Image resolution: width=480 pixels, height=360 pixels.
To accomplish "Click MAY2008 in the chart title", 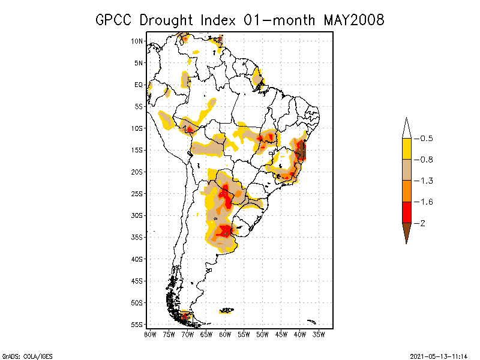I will click(x=353, y=20).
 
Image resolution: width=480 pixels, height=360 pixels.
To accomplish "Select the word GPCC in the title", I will click(x=116, y=20).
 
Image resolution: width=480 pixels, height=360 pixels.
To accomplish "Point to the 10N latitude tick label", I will click(x=137, y=41).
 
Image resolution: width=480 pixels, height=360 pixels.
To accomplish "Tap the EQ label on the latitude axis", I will click(x=139, y=85).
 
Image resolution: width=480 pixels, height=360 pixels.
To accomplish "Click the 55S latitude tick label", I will click(x=137, y=325).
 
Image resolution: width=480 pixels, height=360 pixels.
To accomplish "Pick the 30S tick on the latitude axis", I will click(x=137, y=215).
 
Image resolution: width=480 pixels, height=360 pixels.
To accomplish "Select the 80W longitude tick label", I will click(x=150, y=334).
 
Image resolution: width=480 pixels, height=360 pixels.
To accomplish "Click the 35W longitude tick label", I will click(x=319, y=334).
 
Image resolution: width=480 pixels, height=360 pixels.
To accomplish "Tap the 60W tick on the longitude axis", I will click(x=225, y=334).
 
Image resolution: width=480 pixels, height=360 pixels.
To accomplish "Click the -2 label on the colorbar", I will click(x=422, y=223).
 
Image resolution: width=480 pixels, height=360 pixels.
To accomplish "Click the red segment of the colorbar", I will click(x=406, y=212).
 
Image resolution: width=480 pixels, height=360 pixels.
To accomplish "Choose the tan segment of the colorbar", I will click(x=406, y=170).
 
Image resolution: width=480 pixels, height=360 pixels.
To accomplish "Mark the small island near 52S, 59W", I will click(x=227, y=310).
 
